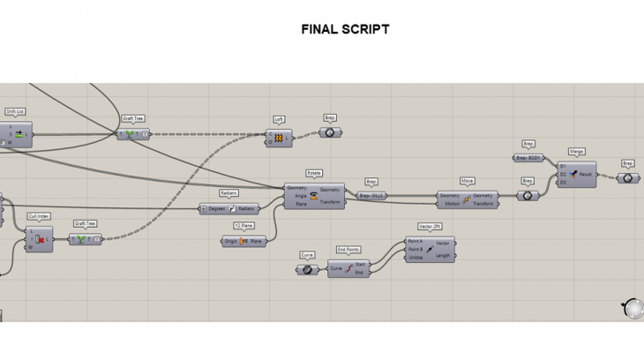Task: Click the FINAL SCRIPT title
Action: point(345,29)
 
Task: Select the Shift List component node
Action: point(18,134)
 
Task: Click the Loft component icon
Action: point(279,139)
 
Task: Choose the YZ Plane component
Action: point(243,241)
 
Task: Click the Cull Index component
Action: point(40,239)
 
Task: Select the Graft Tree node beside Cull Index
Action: point(85,239)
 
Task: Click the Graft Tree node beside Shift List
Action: point(133,134)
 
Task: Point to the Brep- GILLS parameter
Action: point(372,196)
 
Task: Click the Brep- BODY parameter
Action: point(528,158)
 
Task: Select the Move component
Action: point(467,199)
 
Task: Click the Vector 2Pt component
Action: point(430,250)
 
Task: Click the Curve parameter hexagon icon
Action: point(307,270)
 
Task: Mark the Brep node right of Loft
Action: point(330,132)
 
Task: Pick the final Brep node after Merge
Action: point(627,178)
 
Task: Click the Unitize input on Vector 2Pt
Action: point(415,258)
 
